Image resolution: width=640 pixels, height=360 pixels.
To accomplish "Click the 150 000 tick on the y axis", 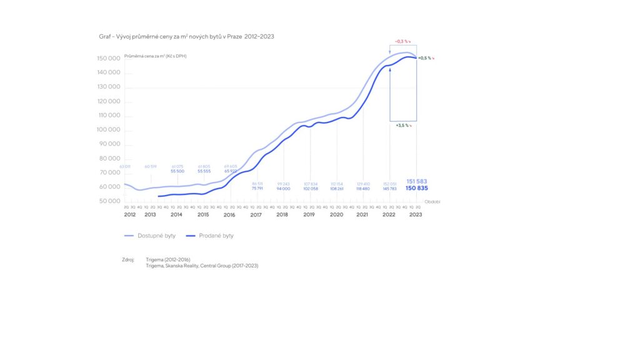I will point(109,59).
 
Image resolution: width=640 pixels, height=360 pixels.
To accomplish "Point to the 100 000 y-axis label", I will point(109,130).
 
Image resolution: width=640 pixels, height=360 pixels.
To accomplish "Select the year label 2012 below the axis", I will point(130,215).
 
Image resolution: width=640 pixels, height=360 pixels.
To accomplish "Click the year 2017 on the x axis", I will point(256,215).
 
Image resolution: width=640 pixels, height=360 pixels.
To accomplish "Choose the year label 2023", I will point(415,215).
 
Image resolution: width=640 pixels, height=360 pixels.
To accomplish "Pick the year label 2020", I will point(336,215).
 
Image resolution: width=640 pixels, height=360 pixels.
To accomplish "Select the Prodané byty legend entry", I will point(216,236).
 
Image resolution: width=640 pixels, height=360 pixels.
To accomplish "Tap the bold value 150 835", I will point(416,188).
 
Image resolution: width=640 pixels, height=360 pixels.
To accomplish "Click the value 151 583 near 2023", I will point(416,181).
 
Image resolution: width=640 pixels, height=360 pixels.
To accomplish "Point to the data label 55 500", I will point(177,171).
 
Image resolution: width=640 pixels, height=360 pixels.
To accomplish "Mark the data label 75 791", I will point(257,188).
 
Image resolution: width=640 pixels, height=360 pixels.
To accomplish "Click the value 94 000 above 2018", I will point(283,188).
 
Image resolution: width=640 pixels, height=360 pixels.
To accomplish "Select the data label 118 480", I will point(362,188).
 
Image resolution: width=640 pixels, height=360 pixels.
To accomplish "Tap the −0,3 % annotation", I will point(402,41).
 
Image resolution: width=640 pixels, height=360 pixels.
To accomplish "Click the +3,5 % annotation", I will point(403,125).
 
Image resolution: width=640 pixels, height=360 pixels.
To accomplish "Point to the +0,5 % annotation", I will point(426,58).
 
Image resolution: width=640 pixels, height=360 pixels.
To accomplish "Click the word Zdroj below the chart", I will point(128,259).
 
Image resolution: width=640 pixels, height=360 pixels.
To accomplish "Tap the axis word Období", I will point(432,202).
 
